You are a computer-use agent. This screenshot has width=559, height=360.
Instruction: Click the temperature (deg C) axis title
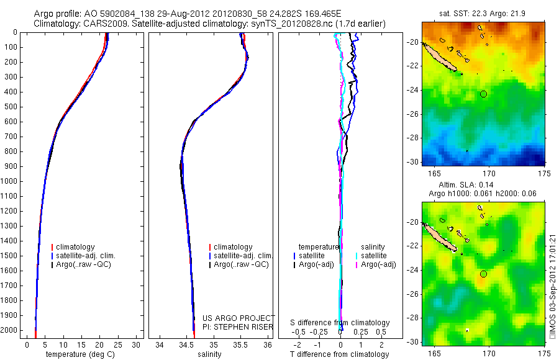[x=75, y=354]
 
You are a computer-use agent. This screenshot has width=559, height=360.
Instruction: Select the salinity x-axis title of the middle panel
[x=208, y=354]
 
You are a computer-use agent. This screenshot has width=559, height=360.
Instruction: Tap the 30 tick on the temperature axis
[x=137, y=344]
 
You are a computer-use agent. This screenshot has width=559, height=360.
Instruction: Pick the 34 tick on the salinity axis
[x=160, y=344]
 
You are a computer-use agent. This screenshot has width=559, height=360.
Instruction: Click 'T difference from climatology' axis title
[x=339, y=354]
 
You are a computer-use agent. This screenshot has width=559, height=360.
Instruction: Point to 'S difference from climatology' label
[x=340, y=323]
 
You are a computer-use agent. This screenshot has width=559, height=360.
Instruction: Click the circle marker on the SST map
[x=484, y=94]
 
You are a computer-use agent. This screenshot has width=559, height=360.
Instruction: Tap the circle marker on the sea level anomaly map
[x=484, y=274]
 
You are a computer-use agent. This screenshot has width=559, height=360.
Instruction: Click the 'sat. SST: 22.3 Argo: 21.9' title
[x=483, y=14]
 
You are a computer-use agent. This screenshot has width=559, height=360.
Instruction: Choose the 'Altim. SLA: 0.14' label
[x=483, y=186]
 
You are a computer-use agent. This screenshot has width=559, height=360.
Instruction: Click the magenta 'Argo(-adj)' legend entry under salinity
[x=378, y=264]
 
